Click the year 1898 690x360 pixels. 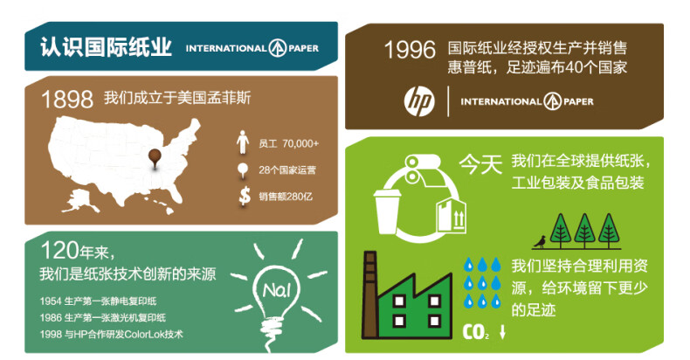pos(67,99)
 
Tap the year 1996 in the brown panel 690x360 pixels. pos(410,50)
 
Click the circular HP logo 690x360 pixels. pos(419,101)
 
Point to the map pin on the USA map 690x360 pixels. pos(155,158)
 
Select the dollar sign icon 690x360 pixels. pos(245,197)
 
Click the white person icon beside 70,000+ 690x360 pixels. pos(243,142)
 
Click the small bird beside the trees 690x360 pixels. pos(540,242)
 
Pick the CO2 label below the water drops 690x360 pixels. pos(476,332)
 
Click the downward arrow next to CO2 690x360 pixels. pos(502,332)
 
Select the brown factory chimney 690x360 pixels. pos(369,294)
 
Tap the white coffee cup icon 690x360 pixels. pos(387,211)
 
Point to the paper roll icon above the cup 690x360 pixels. pos(423,170)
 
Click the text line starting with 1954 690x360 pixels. pos(98,301)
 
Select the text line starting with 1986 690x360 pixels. pos(102,318)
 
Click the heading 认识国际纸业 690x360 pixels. pos(106,47)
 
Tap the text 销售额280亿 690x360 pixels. pos(286,197)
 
